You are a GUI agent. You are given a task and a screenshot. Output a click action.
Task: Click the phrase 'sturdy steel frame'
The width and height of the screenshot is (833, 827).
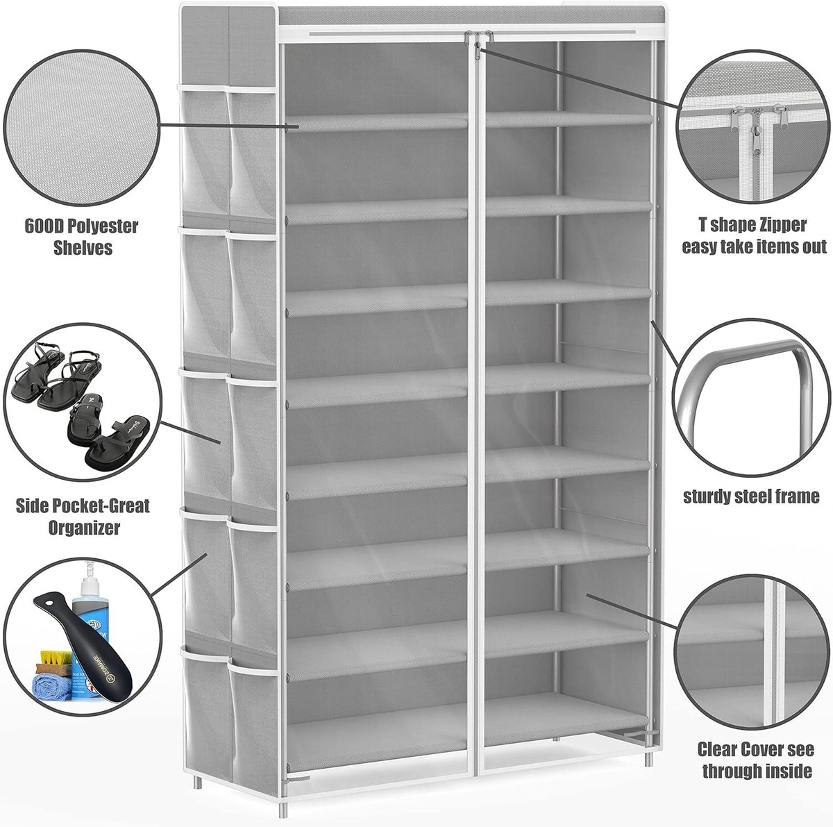(x=751, y=496)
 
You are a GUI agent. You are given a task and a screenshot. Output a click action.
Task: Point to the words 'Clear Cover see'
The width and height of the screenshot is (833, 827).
(x=755, y=749)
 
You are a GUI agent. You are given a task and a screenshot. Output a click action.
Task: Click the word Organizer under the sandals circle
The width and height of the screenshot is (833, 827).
(x=83, y=527)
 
